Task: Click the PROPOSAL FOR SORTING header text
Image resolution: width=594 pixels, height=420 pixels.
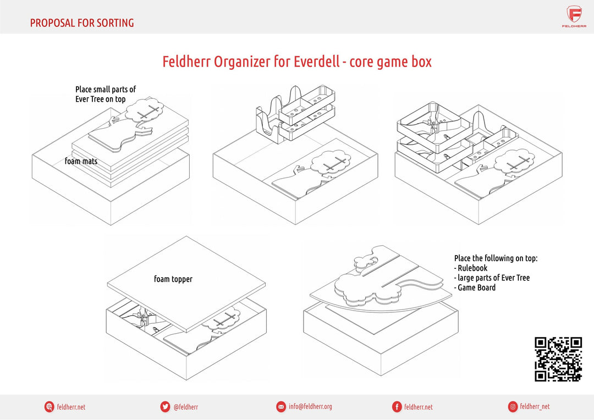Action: pos(82,23)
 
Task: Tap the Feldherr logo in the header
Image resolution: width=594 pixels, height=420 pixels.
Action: pos(574,16)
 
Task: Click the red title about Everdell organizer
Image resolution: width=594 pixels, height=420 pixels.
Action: pos(296,62)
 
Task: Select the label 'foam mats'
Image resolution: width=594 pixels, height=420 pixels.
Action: pos(81,161)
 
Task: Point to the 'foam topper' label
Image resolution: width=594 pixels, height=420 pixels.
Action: pos(173,279)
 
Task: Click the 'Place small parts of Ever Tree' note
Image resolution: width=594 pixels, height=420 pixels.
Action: pos(106,94)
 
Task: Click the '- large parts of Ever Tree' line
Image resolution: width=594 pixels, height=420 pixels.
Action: pos(492,278)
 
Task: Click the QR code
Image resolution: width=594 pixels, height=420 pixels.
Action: pos(558,359)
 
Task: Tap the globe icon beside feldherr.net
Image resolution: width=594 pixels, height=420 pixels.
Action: pos(50,407)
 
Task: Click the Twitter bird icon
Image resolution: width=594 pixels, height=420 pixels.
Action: pos(165,407)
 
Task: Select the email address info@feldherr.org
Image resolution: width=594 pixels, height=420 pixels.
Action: pos(310,407)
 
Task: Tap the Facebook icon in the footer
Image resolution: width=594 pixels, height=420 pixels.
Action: pos(397,407)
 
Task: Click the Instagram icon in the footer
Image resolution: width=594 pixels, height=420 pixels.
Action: pos(513,407)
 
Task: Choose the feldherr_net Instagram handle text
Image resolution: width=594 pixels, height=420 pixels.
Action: pos(535,407)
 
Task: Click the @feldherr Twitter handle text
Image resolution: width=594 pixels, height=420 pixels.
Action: pos(186,407)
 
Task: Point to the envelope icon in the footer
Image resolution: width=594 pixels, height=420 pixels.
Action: pos(281,407)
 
